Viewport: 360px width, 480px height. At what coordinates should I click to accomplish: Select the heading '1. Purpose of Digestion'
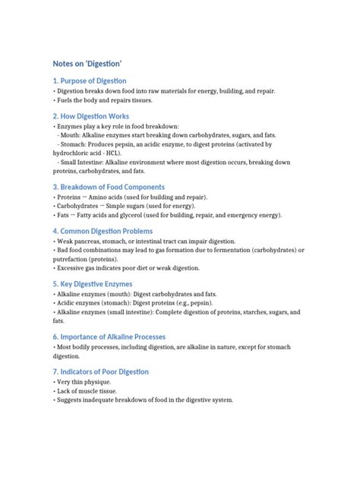(x=90, y=81)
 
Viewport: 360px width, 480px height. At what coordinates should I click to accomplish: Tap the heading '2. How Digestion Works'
(x=91, y=116)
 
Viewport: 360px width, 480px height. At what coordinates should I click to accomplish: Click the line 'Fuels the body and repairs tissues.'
(x=103, y=99)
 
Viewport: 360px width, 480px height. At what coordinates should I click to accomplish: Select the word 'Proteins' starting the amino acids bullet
(x=70, y=197)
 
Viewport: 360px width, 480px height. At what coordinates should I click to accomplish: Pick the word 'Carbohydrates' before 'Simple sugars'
(x=79, y=206)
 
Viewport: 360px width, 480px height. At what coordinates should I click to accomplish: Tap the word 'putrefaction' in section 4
(x=75, y=258)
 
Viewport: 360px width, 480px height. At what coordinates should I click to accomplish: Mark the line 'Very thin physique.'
(x=81, y=382)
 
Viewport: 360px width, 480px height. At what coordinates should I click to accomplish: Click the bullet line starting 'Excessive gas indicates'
(x=126, y=267)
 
